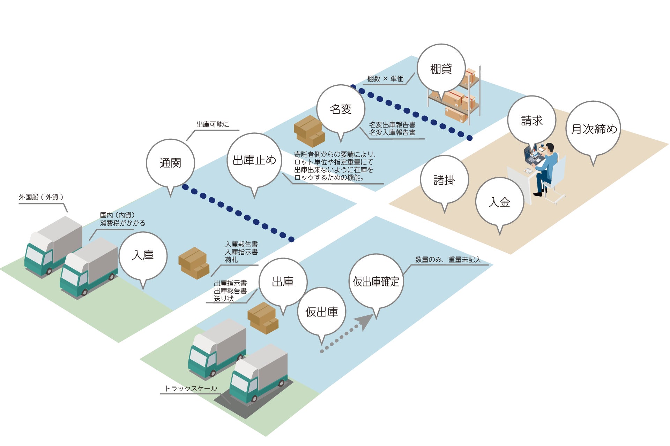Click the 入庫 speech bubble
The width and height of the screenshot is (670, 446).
(143, 256)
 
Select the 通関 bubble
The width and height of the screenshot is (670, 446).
(170, 163)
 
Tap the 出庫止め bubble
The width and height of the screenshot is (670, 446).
(254, 160)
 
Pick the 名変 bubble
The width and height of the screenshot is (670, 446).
(341, 109)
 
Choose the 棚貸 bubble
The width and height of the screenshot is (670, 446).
(441, 69)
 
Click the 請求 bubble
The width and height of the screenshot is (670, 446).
(531, 121)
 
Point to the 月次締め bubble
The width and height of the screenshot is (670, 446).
(593, 129)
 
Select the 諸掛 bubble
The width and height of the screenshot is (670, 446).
(444, 180)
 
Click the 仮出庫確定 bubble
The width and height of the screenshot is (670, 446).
(376, 282)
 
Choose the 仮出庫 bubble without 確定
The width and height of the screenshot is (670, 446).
(321, 312)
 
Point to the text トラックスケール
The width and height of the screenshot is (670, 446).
(191, 389)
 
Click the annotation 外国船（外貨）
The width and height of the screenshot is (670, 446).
(41, 197)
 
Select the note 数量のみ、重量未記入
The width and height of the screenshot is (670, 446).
(448, 260)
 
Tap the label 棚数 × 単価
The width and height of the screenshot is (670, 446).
(385, 79)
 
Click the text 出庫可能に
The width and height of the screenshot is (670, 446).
(213, 124)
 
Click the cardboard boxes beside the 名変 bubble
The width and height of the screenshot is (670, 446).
(309, 131)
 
